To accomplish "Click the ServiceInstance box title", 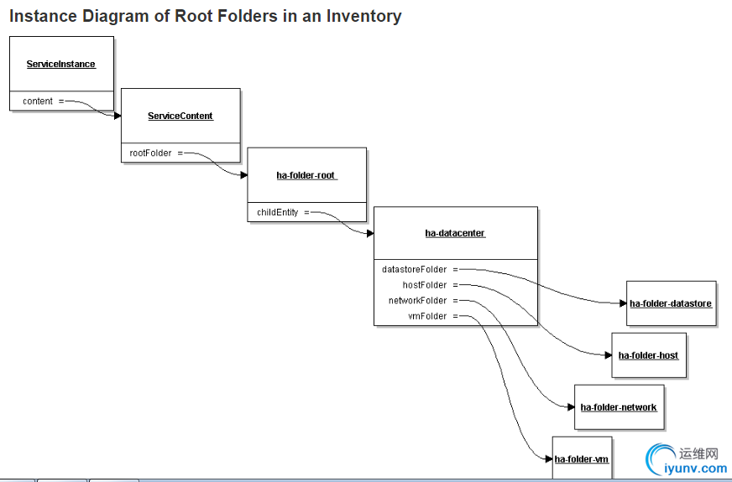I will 60,65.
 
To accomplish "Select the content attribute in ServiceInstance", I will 38,101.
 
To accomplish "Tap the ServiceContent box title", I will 180,117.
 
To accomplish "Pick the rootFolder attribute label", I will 151,153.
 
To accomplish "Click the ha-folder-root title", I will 306,176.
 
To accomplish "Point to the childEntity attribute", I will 278,213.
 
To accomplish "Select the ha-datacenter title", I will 455,233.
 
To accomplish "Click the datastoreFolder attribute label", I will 415,270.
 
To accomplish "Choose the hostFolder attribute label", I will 425,285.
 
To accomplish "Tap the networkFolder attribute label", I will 418,300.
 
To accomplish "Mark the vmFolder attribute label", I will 428,316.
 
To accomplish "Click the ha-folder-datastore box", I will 671,303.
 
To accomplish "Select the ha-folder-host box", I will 648,355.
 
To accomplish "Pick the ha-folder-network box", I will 619,407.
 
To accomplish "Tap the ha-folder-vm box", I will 582,459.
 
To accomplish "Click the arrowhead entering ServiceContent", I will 118,116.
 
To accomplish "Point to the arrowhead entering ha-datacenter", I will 370,234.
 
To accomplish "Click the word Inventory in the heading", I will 363,16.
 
